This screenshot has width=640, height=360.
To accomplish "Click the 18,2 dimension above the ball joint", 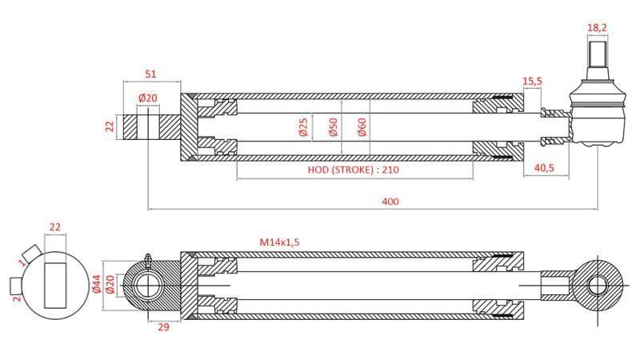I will pyautogui.click(x=596, y=27).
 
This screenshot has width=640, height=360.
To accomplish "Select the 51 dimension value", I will pyautogui.click(x=150, y=74).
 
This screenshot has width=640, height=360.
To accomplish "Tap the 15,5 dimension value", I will pyautogui.click(x=533, y=82).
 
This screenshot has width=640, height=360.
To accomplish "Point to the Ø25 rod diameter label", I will pyautogui.click(x=303, y=127).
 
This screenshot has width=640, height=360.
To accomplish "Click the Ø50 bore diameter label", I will pyautogui.click(x=332, y=127).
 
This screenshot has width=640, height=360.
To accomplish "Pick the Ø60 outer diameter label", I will pyautogui.click(x=362, y=127).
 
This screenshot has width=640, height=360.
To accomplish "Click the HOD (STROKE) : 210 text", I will pyautogui.click(x=353, y=170).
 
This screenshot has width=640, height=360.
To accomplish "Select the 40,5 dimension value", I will pyautogui.click(x=545, y=169).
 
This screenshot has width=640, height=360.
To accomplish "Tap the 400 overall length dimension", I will pyautogui.click(x=390, y=201).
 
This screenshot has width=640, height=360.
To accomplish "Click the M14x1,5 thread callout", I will pyautogui.click(x=284, y=242).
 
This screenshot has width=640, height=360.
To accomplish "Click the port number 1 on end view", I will pyautogui.click(x=22, y=260).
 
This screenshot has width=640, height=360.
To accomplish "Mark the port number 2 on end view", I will pyautogui.click(x=17, y=298).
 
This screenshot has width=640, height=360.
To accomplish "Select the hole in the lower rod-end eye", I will pyautogui.click(x=597, y=284).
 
